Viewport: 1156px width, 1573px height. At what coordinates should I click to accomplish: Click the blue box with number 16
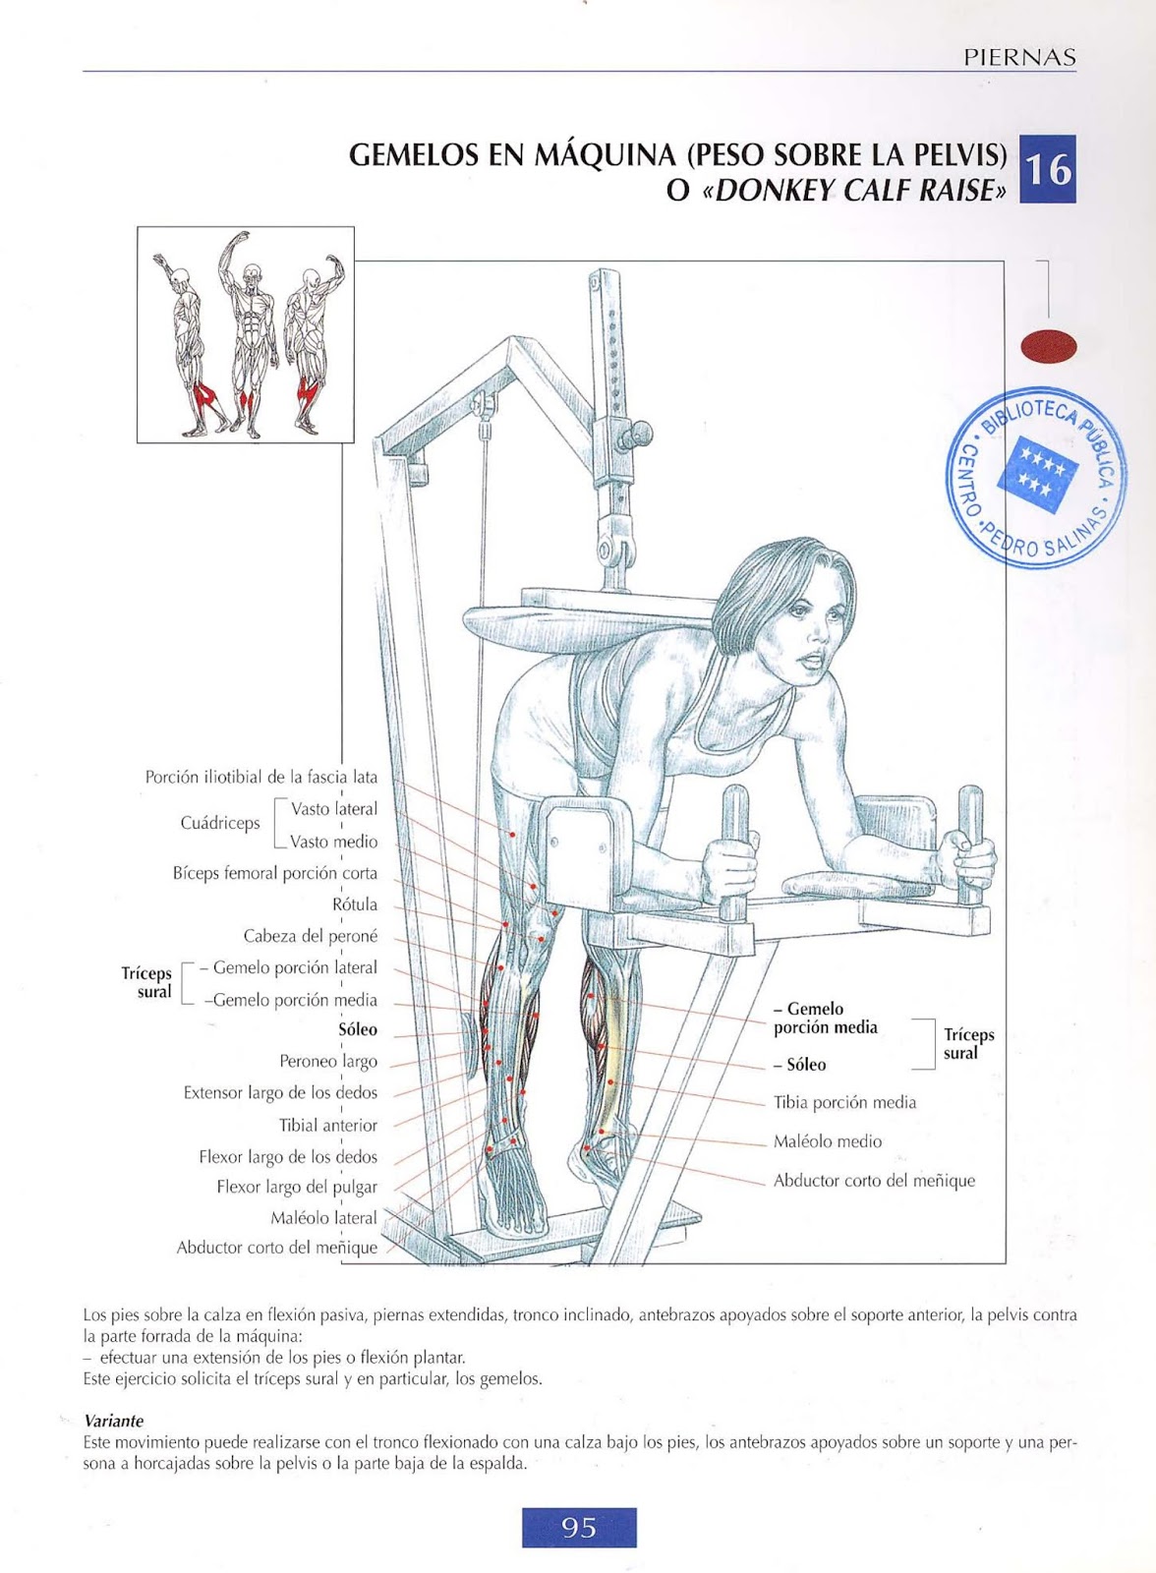(x=1047, y=169)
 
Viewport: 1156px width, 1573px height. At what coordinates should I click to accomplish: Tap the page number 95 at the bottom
(x=579, y=1527)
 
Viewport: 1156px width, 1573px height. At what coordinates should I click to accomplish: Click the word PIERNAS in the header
(x=1019, y=57)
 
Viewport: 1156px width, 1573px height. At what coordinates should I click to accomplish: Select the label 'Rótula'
(x=354, y=904)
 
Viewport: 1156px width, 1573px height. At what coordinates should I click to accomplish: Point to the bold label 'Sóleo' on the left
(x=358, y=1030)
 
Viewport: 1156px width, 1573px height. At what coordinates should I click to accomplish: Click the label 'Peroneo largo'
(x=328, y=1062)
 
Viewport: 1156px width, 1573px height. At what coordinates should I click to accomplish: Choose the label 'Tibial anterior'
(x=328, y=1125)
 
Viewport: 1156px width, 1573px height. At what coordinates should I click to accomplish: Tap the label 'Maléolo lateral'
(x=323, y=1218)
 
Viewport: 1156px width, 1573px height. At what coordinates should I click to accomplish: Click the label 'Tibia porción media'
(x=844, y=1103)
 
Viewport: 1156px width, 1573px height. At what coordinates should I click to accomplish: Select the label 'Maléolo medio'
(x=828, y=1141)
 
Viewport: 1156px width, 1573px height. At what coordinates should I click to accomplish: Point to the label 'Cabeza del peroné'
(x=311, y=936)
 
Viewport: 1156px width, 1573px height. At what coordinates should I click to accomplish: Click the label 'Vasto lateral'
(x=334, y=809)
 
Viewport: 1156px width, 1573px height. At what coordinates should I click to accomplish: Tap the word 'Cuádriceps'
(x=220, y=823)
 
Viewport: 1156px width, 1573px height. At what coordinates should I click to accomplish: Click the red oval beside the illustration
(x=1049, y=346)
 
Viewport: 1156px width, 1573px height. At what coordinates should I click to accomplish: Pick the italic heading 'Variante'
(x=114, y=1421)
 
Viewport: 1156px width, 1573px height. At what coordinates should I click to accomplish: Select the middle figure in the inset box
(x=246, y=334)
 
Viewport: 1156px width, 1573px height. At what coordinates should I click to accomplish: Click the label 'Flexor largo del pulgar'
(x=297, y=1187)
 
